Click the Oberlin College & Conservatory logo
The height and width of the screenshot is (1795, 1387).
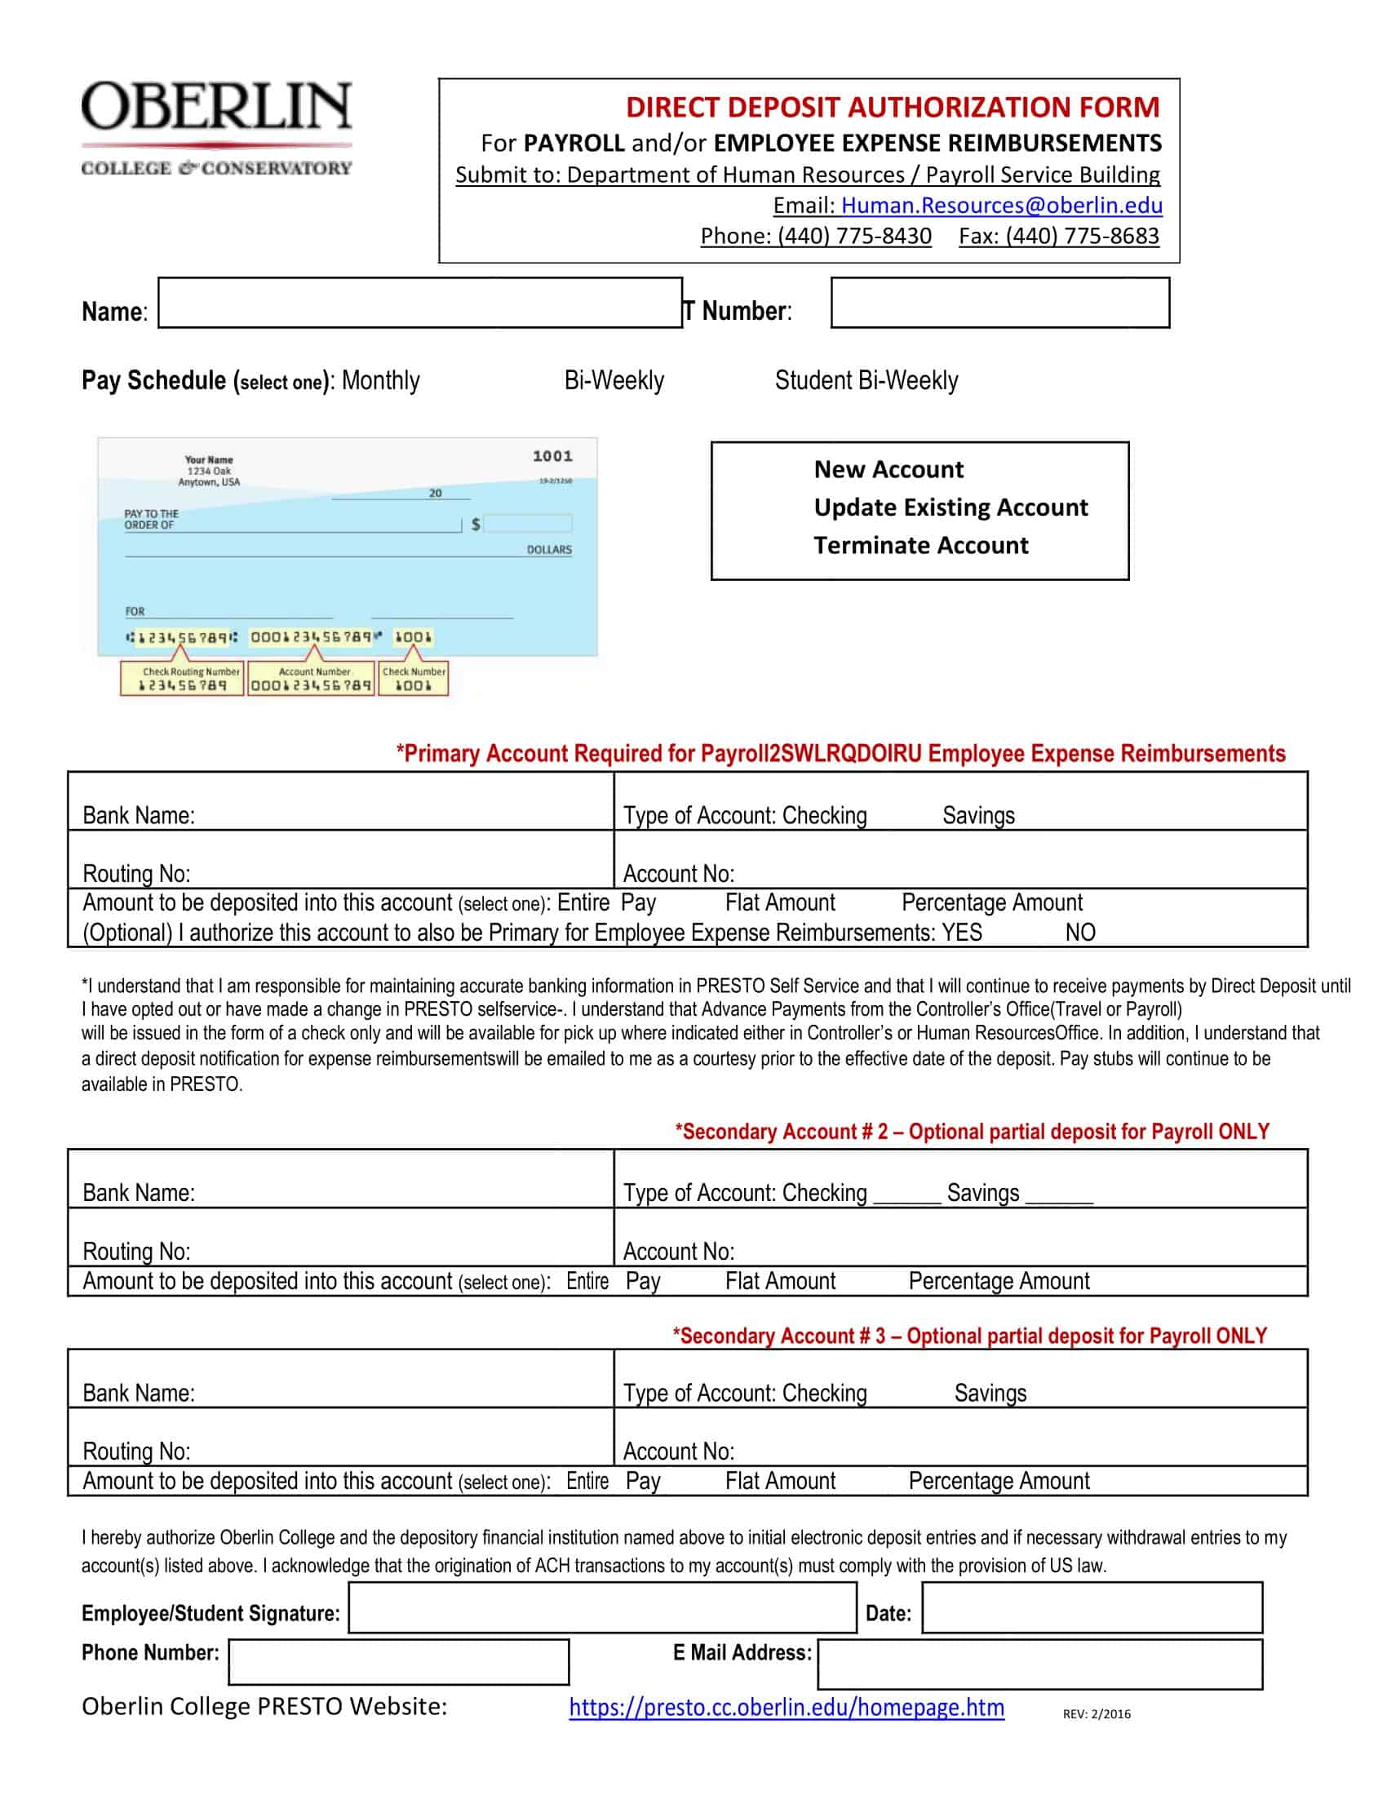(216, 127)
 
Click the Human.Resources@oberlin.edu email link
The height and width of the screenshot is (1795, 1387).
(1001, 205)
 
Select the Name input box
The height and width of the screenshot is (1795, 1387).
(419, 303)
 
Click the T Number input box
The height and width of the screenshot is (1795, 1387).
(999, 303)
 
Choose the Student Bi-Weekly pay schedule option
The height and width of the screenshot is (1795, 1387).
(866, 380)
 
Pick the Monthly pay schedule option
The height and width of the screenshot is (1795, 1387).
(380, 380)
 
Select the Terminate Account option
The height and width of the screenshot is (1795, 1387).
(920, 545)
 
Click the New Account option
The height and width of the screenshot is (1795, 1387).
(888, 469)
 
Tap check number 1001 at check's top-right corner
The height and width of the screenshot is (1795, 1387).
(552, 456)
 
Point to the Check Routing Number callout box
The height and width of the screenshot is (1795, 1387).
(182, 679)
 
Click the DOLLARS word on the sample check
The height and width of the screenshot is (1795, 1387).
(549, 550)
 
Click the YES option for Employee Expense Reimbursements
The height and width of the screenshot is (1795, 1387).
(961, 933)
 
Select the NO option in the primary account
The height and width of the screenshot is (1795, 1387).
(1079, 933)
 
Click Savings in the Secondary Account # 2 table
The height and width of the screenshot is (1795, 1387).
(983, 1193)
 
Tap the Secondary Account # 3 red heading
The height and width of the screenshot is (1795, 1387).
(969, 1336)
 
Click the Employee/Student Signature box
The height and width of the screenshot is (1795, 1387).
(602, 1607)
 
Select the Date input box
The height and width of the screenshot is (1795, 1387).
(1091, 1607)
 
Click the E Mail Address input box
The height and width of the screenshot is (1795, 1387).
(1039, 1664)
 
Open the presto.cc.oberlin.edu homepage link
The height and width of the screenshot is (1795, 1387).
(787, 1708)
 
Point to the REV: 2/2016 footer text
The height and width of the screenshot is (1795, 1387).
(1096, 1714)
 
